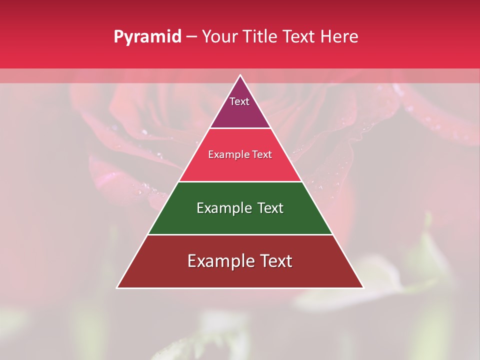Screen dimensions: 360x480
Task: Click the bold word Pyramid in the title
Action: [x=147, y=36]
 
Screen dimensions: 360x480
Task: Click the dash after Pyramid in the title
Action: [x=191, y=36]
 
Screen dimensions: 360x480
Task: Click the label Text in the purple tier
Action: [x=239, y=101]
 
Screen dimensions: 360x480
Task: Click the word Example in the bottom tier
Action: [x=216, y=261]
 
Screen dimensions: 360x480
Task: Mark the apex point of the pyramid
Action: [x=240, y=75]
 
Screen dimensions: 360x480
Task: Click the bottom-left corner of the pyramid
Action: [x=117, y=287]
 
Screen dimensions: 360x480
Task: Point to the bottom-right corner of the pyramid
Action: [x=363, y=287]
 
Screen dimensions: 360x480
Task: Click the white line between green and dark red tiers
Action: [x=240, y=234]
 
